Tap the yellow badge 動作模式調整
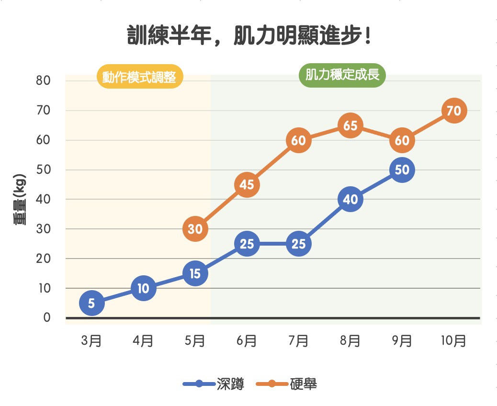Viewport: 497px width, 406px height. (139, 77)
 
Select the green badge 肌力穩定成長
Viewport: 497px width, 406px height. (342, 76)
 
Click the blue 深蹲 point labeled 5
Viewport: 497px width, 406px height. (91, 303)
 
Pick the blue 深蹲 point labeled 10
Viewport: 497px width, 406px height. (143, 288)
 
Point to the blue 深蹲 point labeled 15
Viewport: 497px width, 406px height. (195, 273)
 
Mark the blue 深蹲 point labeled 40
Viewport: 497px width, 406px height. (350, 199)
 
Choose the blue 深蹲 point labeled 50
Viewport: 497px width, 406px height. (402, 170)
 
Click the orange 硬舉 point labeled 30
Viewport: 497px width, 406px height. (195, 229)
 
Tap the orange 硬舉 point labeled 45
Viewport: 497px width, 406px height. (247, 185)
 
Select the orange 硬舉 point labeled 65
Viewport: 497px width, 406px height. (350, 125)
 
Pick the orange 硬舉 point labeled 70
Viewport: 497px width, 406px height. (453, 111)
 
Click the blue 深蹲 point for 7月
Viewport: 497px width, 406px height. (298, 244)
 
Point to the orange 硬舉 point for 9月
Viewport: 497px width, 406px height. (402, 140)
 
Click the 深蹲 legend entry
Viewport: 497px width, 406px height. (214, 383)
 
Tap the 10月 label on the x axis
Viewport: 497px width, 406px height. (453, 341)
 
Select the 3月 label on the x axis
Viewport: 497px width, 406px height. (91, 341)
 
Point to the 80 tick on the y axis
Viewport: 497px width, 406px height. (44, 80)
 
